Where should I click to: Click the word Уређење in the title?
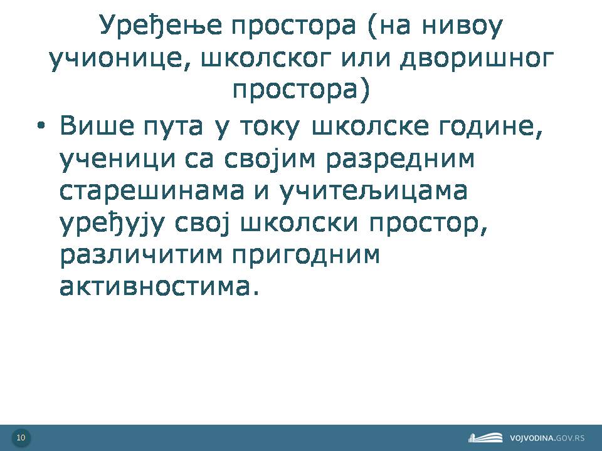point(161,26)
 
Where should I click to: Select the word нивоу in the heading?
point(462,26)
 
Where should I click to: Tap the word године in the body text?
point(490,127)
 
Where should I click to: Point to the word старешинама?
point(152,191)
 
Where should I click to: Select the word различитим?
point(141,256)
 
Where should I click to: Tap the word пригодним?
point(306,256)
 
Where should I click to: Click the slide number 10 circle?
point(21,438)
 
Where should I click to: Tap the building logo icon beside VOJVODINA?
point(485,438)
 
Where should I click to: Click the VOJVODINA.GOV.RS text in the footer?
point(547,438)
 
